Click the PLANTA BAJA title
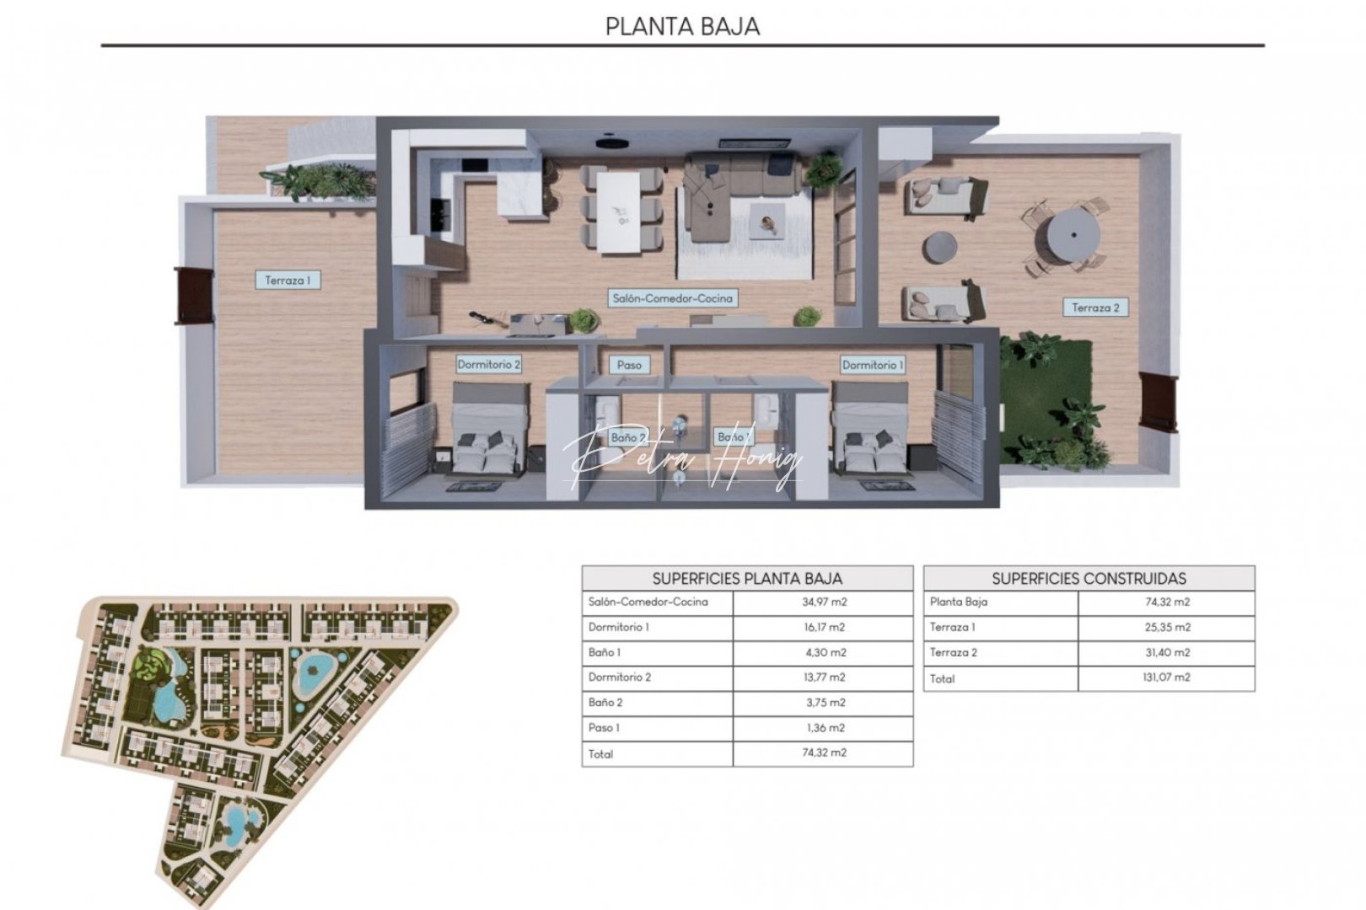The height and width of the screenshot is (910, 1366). (682, 26)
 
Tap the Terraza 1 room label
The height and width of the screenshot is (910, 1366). (288, 280)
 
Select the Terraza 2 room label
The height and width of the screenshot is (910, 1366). (1095, 308)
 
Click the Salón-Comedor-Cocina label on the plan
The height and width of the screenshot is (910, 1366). (672, 297)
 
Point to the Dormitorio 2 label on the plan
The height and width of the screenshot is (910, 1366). (488, 364)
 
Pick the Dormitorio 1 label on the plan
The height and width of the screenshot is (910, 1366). (873, 364)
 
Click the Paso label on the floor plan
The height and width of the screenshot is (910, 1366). (629, 364)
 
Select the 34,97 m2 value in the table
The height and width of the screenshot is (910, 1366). (824, 602)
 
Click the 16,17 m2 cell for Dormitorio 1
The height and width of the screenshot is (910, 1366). (824, 628)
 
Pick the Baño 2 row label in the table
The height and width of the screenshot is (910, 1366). (605, 703)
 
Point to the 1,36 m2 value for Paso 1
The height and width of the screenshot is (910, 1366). (824, 728)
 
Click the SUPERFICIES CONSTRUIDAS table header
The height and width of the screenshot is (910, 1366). (1089, 578)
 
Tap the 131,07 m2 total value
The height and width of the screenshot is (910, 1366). (1166, 677)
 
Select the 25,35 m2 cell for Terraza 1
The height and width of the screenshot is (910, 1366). (1166, 628)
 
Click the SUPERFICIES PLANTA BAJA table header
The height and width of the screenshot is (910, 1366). (747, 578)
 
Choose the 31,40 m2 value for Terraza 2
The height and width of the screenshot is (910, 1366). (1166, 653)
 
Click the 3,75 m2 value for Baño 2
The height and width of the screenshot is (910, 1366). (824, 703)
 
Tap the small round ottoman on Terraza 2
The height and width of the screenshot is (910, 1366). (939, 248)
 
